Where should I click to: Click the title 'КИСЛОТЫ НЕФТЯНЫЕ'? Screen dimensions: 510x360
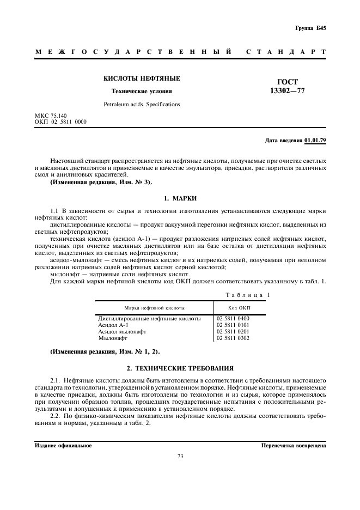tap(142, 79)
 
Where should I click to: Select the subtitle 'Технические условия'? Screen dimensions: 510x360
tap(142, 92)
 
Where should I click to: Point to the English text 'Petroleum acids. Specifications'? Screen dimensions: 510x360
tap(142, 104)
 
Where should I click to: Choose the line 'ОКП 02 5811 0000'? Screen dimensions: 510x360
tap(60, 122)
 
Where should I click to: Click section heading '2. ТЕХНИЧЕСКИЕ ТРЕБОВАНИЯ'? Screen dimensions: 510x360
tap(180, 368)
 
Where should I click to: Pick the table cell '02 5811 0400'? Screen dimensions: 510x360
tap(233, 318)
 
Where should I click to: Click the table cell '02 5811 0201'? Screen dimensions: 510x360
tap(233, 331)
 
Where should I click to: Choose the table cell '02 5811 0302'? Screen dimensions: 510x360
tap(233, 338)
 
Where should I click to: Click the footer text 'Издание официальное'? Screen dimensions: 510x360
tap(63, 445)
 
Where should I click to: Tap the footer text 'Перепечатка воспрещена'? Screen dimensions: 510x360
tap(294, 445)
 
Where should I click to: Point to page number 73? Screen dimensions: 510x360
tap(180, 457)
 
